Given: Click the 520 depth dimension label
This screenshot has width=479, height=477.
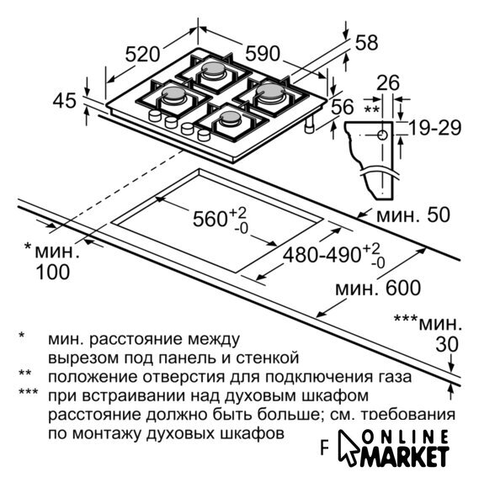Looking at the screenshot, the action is click(142, 55).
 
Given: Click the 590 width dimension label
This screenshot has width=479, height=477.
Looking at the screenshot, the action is click(263, 53).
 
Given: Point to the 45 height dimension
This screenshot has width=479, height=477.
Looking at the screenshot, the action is click(64, 100).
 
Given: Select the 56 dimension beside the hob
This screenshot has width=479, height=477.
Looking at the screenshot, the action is click(343, 107).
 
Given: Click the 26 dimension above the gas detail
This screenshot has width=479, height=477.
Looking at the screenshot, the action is click(388, 82).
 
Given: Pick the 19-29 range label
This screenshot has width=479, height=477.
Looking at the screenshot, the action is click(434, 128).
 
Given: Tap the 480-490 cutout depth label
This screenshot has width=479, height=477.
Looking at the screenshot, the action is click(322, 255).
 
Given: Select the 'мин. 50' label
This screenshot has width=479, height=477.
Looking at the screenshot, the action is click(413, 215).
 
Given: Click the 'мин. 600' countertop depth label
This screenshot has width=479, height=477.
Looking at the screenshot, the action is click(378, 288).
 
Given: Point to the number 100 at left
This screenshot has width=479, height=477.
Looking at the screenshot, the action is click(53, 272).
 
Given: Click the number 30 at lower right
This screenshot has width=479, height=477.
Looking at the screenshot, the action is click(447, 344).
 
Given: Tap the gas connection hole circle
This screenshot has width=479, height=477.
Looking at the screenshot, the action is click(382, 135).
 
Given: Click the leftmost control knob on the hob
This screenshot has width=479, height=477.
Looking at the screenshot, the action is click(155, 116).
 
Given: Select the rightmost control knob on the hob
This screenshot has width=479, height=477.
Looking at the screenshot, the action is click(204, 135).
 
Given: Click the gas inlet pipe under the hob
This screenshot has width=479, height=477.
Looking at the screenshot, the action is click(310, 125).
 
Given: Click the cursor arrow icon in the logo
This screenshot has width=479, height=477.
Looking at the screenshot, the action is click(349, 448).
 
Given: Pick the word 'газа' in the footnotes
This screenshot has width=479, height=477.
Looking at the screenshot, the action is click(396, 377).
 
